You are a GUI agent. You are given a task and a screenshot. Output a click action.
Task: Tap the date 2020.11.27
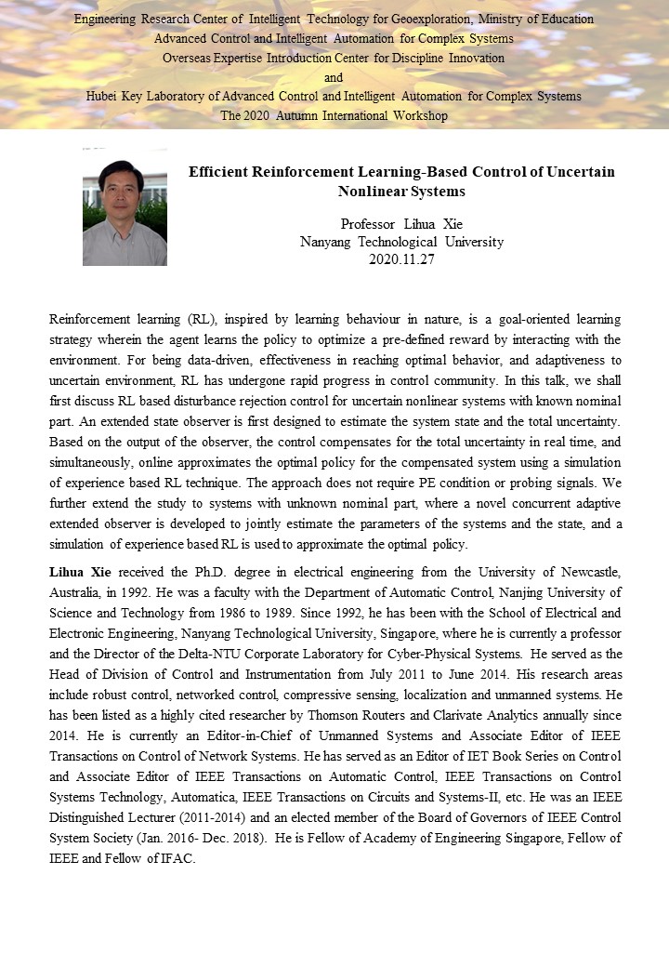point(401,259)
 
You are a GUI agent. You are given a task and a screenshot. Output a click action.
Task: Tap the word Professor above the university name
point(367,224)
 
